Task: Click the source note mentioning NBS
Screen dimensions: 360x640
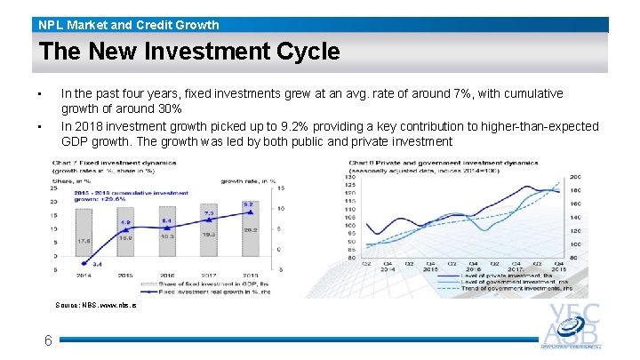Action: pyautogui.click(x=96, y=305)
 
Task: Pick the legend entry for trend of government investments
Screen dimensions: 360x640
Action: pyautogui.click(x=516, y=289)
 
